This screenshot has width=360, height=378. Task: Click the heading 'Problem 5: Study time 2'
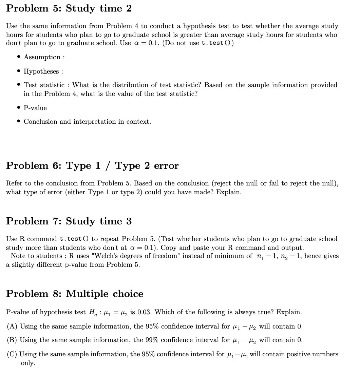coord(69,8)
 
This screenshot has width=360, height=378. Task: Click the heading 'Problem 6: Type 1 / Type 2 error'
coord(92,166)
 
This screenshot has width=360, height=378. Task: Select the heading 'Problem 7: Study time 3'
coord(69,221)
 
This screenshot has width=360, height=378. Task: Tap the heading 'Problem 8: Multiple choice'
coord(75,294)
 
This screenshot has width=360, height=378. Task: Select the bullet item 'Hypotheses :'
coord(43,72)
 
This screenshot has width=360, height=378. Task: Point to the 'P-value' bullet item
coord(35,108)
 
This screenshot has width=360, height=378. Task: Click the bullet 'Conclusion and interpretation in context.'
coord(87,122)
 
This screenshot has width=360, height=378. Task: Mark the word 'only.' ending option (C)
coord(28,363)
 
